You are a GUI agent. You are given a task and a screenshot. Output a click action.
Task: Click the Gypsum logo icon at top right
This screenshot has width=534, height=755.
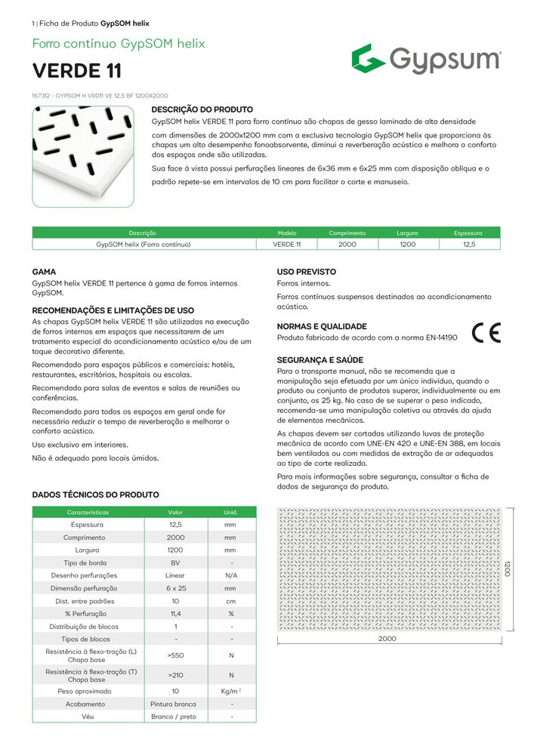tap(369, 59)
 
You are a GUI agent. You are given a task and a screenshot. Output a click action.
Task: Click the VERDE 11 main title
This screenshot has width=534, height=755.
tap(76, 72)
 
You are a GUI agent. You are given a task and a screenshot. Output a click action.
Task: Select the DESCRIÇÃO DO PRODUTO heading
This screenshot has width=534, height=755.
tap(202, 110)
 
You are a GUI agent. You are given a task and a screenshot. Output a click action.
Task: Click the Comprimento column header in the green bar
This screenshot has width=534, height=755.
tap(347, 233)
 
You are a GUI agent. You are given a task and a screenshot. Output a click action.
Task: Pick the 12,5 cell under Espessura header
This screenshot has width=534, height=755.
tap(468, 245)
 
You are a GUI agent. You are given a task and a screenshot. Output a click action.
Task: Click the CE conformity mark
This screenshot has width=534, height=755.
tap(486, 333)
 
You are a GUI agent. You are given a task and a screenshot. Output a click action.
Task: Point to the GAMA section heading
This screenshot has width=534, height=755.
tap(44, 272)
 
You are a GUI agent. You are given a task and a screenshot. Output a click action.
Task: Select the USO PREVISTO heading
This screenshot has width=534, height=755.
tap(307, 272)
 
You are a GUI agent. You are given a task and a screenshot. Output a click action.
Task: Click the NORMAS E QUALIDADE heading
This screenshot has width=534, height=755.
tap(322, 326)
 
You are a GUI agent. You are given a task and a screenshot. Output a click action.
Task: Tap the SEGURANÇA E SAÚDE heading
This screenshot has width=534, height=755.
tap(319, 360)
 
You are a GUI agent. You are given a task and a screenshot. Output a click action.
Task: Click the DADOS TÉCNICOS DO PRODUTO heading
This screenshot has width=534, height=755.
tap(95, 495)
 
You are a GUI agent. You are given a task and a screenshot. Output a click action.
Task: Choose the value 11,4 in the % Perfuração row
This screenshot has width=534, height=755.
tap(175, 614)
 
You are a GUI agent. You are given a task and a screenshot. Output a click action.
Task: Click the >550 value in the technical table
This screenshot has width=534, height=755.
tap(175, 656)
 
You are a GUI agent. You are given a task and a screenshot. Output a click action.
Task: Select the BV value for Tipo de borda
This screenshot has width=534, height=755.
tap(175, 562)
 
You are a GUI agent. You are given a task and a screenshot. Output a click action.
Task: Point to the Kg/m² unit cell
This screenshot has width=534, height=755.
tap(231, 691)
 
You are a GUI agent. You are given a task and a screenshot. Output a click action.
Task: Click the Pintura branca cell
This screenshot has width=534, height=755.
tap(175, 704)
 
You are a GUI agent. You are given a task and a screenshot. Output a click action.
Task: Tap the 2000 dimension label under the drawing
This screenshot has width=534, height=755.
tap(387, 639)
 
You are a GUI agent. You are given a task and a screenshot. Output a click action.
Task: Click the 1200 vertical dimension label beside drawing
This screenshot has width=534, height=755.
tap(508, 569)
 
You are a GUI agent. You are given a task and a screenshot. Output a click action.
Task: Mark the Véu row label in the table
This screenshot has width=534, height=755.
tap(88, 716)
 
